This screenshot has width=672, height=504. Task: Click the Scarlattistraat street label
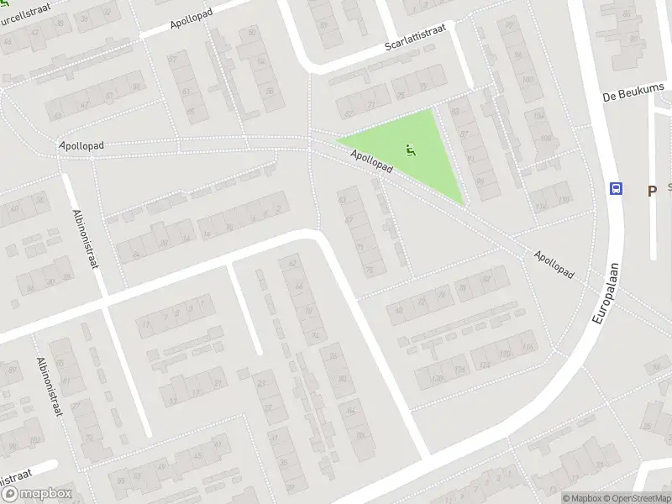415,38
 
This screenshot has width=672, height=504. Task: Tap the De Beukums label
634,92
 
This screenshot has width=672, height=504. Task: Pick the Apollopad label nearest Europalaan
554,263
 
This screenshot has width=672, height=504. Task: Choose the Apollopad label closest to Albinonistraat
82,145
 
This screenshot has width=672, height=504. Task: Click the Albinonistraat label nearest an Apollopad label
86,239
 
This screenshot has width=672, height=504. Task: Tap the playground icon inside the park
410,150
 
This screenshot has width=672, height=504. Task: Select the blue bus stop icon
617,189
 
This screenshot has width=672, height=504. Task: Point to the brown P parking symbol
651,191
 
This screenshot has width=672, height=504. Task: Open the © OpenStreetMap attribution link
636,498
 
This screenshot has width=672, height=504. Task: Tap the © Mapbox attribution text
582,498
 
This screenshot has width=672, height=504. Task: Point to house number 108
546,139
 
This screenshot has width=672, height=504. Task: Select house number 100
528,81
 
